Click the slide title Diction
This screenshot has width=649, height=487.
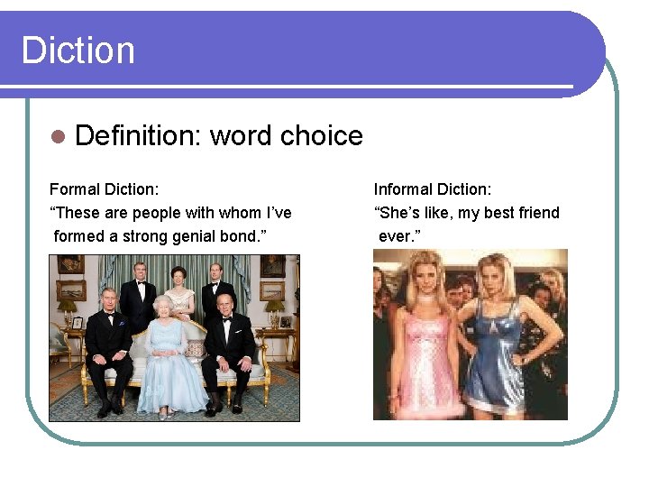pyautogui.click(x=78, y=50)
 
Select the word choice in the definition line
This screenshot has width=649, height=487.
pyautogui.click(x=286, y=135)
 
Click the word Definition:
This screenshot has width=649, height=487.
pyautogui.click(x=139, y=135)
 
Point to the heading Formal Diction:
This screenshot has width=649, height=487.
pyautogui.click(x=104, y=189)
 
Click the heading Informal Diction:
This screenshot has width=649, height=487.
pyautogui.click(x=433, y=189)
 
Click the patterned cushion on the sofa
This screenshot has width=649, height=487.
pyautogui.click(x=195, y=348)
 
